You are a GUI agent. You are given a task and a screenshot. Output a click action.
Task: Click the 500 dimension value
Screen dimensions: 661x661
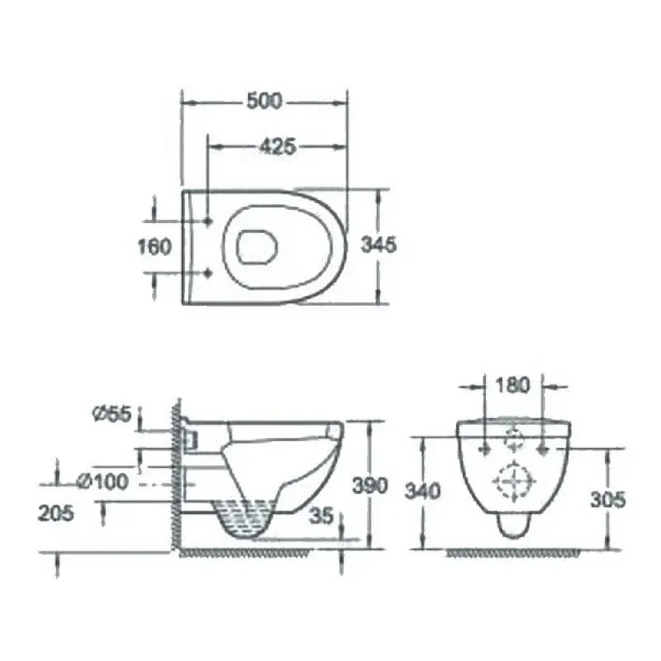pos(264,102)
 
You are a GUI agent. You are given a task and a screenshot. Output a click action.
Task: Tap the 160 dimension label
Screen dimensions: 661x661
pos(155,246)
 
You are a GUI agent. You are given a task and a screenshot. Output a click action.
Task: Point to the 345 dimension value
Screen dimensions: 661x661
pos(379,245)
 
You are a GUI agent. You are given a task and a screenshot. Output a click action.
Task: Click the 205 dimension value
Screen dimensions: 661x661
pos(55,513)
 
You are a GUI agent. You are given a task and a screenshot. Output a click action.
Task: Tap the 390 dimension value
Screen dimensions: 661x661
pos(369,486)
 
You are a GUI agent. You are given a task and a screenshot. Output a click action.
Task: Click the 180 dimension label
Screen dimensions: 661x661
pos(512,385)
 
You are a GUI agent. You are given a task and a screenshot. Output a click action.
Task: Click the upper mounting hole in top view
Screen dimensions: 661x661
pos(207,221)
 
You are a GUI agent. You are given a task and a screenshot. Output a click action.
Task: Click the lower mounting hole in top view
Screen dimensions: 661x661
pos(207,273)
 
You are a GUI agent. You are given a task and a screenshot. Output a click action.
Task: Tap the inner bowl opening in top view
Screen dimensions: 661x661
pos(256,246)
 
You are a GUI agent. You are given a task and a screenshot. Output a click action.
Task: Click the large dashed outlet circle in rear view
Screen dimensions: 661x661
pos(513,482)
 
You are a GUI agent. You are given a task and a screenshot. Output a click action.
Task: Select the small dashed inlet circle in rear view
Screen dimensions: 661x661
pos(514,440)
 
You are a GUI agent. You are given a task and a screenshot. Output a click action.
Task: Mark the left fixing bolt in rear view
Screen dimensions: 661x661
pos(484,449)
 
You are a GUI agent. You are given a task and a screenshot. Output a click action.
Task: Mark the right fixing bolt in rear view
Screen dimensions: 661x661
pos(543,449)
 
